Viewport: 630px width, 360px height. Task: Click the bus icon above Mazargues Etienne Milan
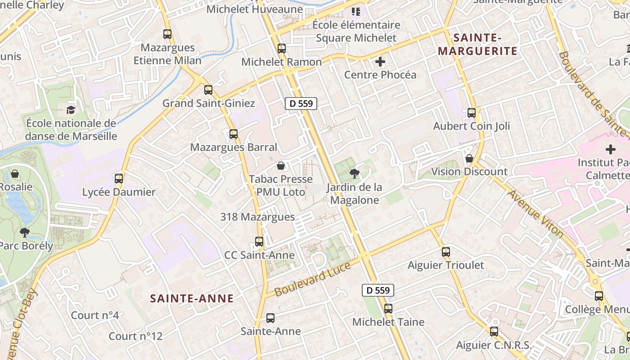(167, 34)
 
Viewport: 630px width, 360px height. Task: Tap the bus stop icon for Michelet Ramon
(282, 49)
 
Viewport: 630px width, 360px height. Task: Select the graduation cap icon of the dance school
(71, 110)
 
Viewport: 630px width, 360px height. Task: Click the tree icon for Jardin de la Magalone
(355, 173)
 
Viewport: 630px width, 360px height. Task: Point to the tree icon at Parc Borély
(25, 232)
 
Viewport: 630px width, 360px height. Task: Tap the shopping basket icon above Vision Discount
(469, 158)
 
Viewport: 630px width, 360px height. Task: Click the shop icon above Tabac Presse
(281, 166)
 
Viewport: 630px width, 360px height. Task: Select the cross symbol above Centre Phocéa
(380, 61)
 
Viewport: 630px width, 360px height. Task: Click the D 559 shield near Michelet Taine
(378, 290)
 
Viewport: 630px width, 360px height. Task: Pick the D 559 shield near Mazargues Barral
(301, 103)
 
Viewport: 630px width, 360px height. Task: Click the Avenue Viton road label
(535, 214)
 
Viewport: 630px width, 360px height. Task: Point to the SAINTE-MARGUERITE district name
(477, 44)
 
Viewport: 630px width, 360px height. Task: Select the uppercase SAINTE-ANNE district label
(192, 298)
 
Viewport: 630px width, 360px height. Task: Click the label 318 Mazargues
(257, 217)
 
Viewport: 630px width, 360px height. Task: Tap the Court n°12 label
(135, 336)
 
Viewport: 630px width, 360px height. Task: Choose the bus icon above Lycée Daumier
(119, 179)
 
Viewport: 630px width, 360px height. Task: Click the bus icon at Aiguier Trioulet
(446, 252)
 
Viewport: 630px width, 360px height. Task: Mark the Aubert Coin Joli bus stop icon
(472, 113)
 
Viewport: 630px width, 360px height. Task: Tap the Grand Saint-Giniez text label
(208, 103)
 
